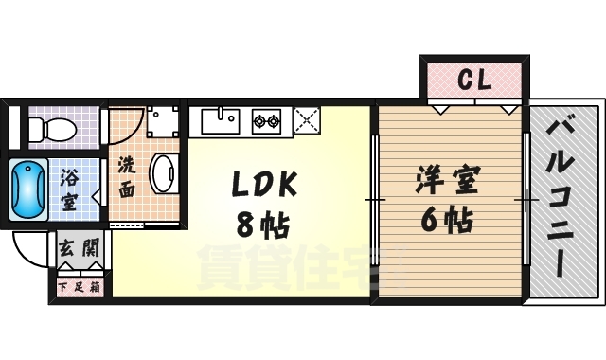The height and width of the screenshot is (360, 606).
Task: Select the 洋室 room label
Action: coord(449,181)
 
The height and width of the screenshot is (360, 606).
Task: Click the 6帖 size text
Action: coord(448,221)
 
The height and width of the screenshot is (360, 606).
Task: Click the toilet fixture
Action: coord(57,127)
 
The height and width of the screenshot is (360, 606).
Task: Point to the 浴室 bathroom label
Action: coord(70,189)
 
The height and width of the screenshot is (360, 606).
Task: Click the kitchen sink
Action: coord(223,120)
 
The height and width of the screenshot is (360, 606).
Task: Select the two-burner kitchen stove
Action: coord(266,120)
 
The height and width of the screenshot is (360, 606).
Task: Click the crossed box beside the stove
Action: coord(307,120)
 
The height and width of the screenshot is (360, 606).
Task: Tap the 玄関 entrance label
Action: coord(79,249)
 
